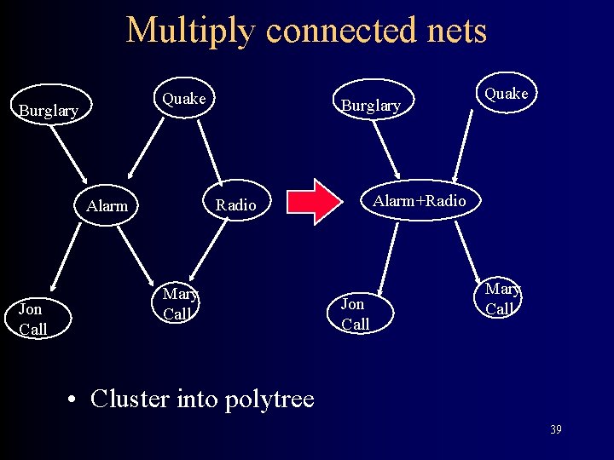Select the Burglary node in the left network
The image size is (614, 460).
(x=49, y=111)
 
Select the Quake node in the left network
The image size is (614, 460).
(x=184, y=99)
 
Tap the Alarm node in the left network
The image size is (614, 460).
(x=107, y=205)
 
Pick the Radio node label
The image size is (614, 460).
(x=235, y=205)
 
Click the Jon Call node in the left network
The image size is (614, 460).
(x=33, y=319)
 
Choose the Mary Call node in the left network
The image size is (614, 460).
(x=180, y=303)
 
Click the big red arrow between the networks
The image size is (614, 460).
(x=314, y=202)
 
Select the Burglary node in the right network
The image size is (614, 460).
(x=370, y=106)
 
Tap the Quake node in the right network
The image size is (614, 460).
(x=507, y=94)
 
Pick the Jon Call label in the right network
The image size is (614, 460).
(x=354, y=313)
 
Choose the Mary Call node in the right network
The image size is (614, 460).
(x=501, y=298)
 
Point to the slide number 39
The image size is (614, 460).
(x=555, y=429)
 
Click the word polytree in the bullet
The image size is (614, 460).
(x=266, y=399)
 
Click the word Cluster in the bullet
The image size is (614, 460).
(x=132, y=399)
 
